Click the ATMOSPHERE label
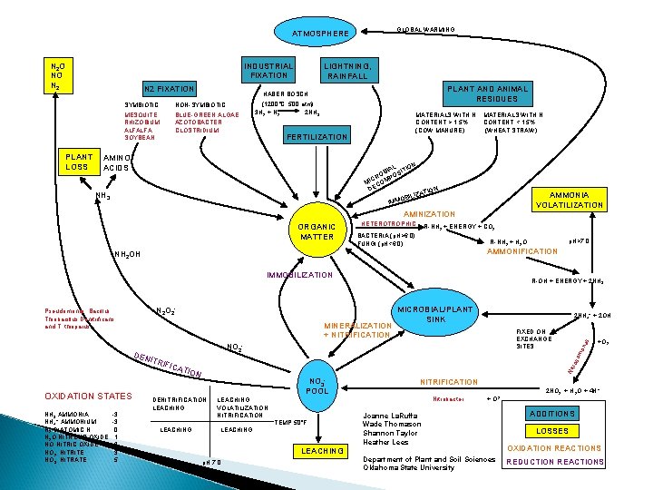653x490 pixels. pyautogui.click(x=320, y=34)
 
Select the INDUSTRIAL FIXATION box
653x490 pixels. pyautogui.click(x=268, y=71)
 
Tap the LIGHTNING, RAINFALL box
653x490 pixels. pyautogui.click(x=348, y=71)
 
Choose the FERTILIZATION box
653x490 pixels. pyautogui.click(x=317, y=137)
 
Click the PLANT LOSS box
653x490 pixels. pyautogui.click(x=78, y=161)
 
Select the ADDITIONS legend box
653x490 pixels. pyautogui.click(x=553, y=414)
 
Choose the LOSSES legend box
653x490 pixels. pyautogui.click(x=553, y=431)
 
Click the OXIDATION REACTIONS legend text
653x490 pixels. pyautogui.click(x=553, y=448)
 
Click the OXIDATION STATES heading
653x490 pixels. pyautogui.click(x=82, y=395)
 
